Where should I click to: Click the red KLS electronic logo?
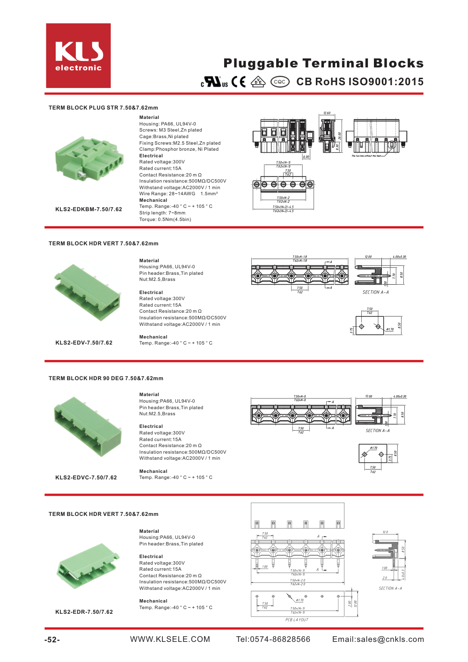tap(78, 56)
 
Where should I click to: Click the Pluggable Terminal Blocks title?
tap(323, 63)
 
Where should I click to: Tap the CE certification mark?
tap(239, 82)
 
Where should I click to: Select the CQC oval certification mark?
tap(280, 82)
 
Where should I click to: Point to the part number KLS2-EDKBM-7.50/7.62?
tap(88, 209)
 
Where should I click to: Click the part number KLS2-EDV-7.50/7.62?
tap(84, 343)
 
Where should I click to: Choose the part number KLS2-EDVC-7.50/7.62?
tap(86, 478)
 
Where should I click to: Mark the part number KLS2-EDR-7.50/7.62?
tap(84, 612)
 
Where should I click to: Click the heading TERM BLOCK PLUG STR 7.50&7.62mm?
tap(103, 108)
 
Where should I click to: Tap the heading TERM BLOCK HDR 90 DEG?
tap(106, 378)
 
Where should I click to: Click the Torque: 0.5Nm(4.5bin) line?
tap(165, 219)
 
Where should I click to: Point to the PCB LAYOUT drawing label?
tap(297, 620)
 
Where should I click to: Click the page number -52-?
tap(52, 640)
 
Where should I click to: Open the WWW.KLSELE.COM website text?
tap(170, 640)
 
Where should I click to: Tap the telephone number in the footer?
tap(273, 640)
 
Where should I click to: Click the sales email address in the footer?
tap(378, 640)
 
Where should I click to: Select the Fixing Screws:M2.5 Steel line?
tap(180, 143)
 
